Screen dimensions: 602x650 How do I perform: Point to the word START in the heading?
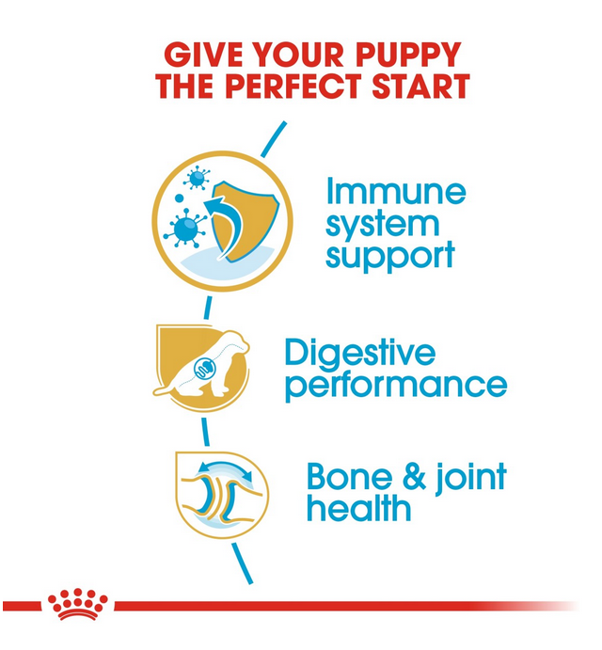point(420,86)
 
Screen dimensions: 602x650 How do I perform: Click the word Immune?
point(396,191)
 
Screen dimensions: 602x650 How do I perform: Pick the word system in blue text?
point(382,226)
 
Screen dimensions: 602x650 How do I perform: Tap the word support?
point(390,257)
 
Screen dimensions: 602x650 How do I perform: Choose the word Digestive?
point(360,354)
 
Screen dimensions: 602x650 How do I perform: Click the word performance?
point(396,385)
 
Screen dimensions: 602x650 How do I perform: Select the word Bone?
point(349,477)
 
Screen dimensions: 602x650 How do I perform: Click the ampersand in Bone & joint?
point(414,477)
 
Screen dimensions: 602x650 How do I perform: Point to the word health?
point(358,508)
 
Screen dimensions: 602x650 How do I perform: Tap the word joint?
point(471,479)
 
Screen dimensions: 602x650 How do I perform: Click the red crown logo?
point(77,604)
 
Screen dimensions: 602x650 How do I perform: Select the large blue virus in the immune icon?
point(185,228)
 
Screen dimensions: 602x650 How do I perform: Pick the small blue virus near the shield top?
point(197,178)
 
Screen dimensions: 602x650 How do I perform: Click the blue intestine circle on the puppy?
point(205,367)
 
